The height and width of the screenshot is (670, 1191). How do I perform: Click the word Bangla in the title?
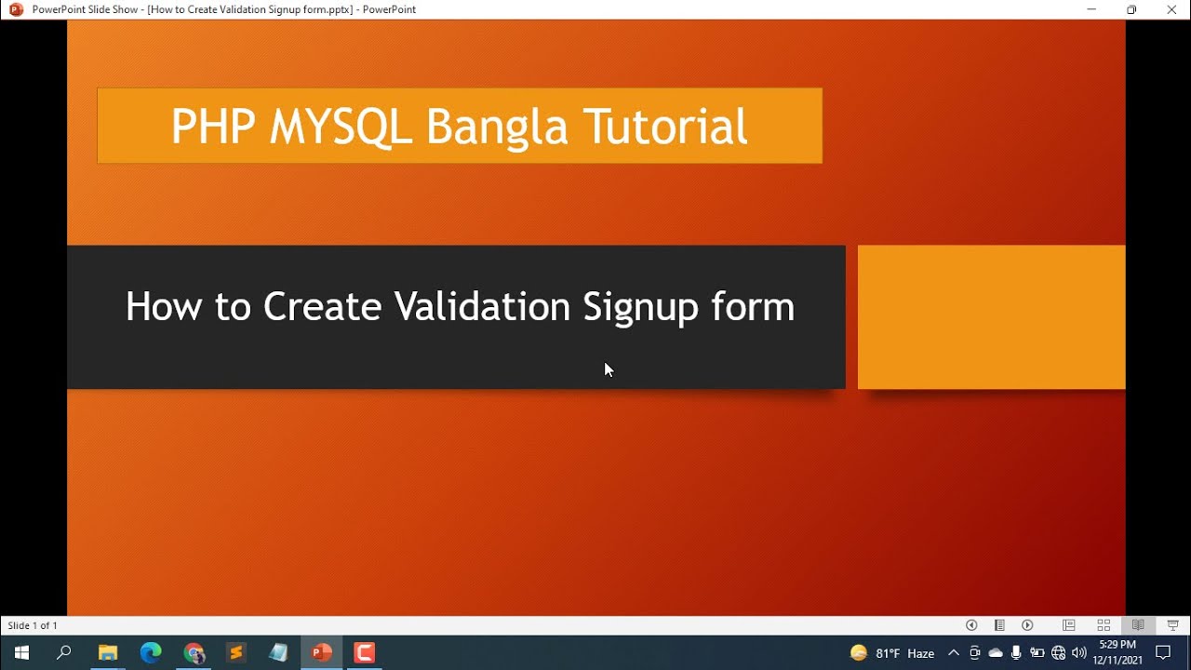[496, 127]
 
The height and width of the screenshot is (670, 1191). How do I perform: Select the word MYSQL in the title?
[341, 127]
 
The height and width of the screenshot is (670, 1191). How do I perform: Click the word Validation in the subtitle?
[482, 307]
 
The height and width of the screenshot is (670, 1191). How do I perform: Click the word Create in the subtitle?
[322, 307]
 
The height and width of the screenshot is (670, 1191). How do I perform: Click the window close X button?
[1171, 9]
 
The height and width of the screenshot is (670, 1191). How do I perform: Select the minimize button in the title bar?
[1091, 9]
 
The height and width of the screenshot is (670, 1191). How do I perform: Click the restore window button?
[1131, 9]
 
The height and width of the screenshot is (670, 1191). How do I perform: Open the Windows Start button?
[20, 652]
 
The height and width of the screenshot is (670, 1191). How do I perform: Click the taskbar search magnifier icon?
[64, 652]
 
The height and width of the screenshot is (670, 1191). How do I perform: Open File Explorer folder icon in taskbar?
[108, 652]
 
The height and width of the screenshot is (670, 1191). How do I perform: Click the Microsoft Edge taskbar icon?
[151, 652]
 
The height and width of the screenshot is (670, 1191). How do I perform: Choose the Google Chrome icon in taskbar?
[194, 652]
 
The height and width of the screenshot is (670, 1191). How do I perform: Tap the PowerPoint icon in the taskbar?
[322, 652]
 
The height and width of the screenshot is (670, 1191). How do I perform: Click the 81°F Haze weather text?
[904, 653]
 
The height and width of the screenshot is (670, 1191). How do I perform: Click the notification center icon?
[1163, 652]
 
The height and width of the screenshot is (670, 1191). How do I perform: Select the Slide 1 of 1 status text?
[33, 625]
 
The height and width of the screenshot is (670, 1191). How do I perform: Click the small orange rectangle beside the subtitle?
[991, 316]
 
